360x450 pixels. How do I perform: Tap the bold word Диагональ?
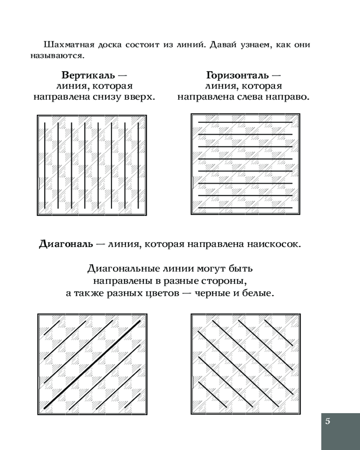coord(66,244)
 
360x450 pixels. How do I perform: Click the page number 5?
coord(328,421)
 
